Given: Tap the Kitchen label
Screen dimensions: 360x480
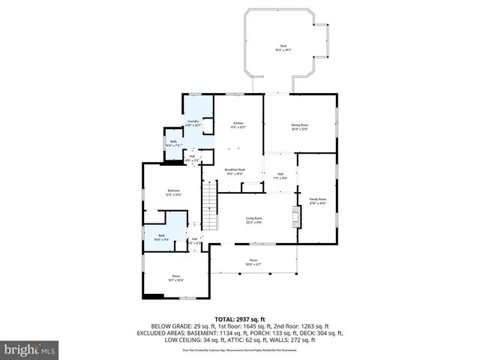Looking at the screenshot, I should [x=238, y=124].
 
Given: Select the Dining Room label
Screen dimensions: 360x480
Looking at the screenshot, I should [x=300, y=126].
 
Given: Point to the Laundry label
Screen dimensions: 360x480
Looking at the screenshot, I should [x=193, y=121].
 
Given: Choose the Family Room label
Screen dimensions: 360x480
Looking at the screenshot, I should [x=318, y=200].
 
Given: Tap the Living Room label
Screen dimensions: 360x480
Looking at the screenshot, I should [x=253, y=219].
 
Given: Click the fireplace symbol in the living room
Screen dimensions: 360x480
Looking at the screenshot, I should [x=297, y=218].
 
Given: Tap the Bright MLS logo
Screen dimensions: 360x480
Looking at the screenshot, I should [x=30, y=349].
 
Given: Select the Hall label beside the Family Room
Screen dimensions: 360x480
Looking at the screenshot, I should [x=280, y=176].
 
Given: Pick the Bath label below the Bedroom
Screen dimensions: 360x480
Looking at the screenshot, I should [x=161, y=238].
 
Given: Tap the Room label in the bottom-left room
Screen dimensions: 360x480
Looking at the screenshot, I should [x=176, y=277].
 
